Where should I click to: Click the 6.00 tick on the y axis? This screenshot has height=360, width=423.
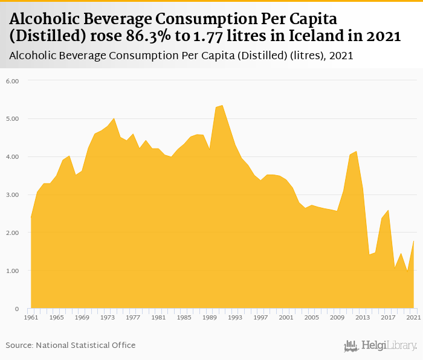click(x=13, y=80)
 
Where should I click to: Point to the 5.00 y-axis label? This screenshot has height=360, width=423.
click(x=13, y=118)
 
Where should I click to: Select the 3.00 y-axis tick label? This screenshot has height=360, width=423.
click(x=13, y=194)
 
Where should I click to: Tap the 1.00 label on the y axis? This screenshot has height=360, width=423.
click(x=13, y=271)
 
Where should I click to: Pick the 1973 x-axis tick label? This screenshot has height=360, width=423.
click(x=107, y=317)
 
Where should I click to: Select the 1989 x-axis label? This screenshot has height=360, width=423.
click(x=209, y=317)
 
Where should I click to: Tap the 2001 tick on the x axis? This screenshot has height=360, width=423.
click(x=286, y=317)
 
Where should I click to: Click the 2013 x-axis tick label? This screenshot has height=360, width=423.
click(x=363, y=317)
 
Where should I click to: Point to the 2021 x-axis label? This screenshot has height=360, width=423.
click(x=413, y=317)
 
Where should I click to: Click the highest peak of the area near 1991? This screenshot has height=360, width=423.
click(x=222, y=106)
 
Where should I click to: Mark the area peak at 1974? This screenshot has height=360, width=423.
click(x=114, y=118)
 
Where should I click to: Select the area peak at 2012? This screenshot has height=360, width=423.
click(x=357, y=151)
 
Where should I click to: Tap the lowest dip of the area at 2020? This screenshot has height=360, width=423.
click(x=407, y=272)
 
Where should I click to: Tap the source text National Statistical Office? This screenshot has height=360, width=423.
click(x=87, y=345)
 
